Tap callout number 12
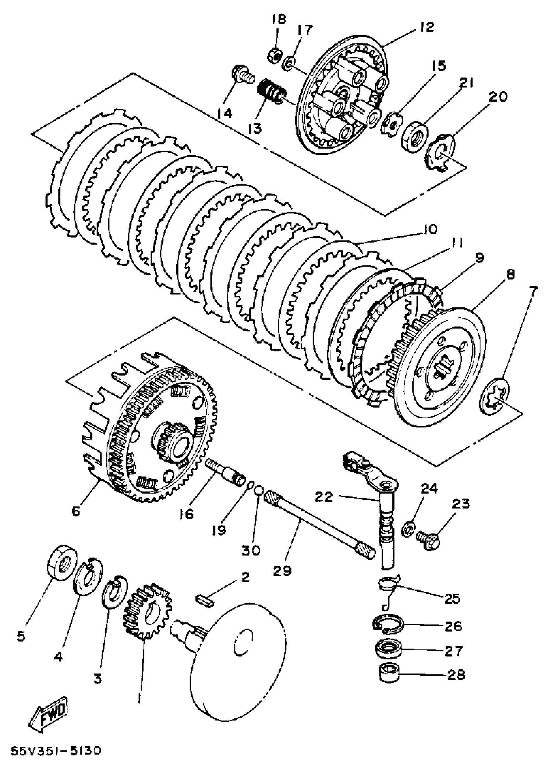click(427, 27)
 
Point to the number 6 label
click(76, 511)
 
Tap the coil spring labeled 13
click(272, 92)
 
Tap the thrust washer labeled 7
click(494, 395)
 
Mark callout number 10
click(430, 230)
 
